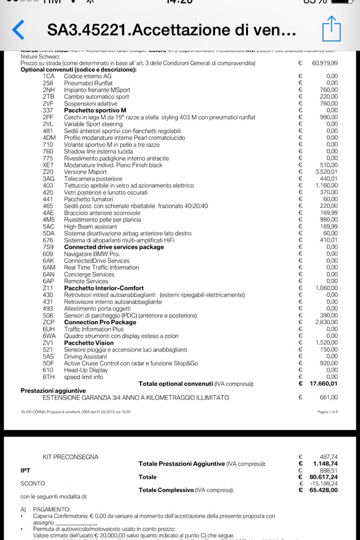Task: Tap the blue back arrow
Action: [18, 30]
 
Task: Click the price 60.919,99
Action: [325, 63]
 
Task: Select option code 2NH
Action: [48, 90]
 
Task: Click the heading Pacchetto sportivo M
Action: [95, 110]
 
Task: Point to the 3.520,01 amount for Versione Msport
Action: [327, 172]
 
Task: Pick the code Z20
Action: [48, 172]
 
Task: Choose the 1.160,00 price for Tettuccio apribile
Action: [327, 186]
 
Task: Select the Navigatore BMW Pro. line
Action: [92, 254]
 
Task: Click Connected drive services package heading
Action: [114, 247]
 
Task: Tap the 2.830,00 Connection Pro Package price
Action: [327, 322]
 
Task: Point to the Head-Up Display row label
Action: [86, 370]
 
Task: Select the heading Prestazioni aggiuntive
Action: [53, 391]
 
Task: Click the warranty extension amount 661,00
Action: [328, 398]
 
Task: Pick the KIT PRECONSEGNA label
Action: [71, 457]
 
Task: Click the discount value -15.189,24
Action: [325, 484]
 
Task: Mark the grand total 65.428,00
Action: [324, 490]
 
